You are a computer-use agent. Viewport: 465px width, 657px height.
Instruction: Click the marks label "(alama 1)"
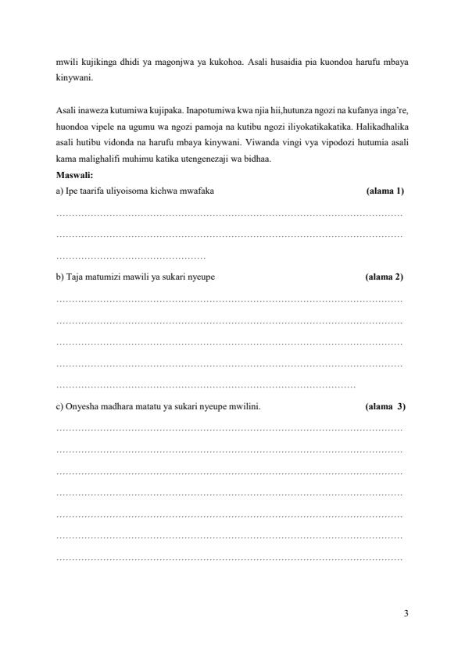385,191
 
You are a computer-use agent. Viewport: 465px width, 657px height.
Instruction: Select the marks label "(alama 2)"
384,277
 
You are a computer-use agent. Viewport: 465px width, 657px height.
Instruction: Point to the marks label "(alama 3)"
385,407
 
